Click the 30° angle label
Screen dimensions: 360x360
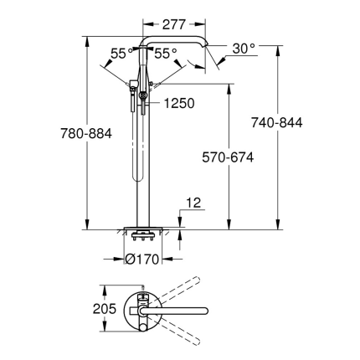tap(244, 49)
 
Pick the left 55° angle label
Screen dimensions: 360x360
tap(121, 52)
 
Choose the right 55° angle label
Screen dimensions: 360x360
tap(166, 52)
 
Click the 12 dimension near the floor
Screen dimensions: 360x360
tap(193, 201)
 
